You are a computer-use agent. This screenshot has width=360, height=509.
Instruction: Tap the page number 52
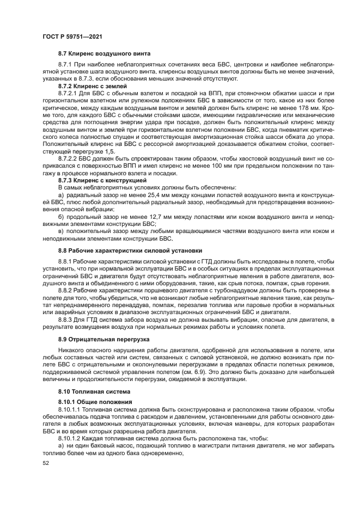tap(46, 463)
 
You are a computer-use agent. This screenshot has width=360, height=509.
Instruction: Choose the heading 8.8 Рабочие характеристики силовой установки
tap(130, 251)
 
